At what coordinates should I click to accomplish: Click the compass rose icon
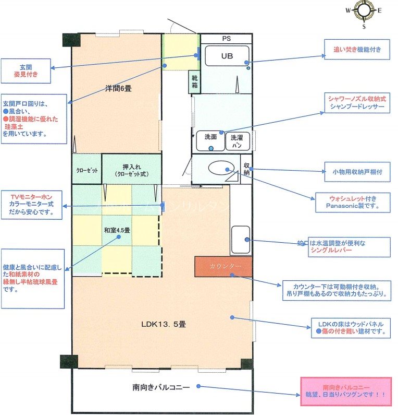pos(364,11)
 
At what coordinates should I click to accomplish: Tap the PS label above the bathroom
pos(226,39)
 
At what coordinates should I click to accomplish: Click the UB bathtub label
pos(227,56)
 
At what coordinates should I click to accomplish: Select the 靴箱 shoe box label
pos(194,81)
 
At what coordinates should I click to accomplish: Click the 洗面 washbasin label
pos(210,137)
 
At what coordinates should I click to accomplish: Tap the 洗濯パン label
pos(237,140)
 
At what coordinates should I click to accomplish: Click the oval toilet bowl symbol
pos(221,168)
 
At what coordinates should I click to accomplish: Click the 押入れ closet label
pos(131,170)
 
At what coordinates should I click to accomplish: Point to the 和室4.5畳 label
pos(117,230)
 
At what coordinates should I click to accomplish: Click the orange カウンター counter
pos(225,267)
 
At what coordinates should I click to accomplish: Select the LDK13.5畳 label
pos(164,324)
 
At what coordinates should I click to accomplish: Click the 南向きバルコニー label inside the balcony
pos(160,387)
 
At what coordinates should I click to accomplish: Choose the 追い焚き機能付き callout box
pos(357,51)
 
